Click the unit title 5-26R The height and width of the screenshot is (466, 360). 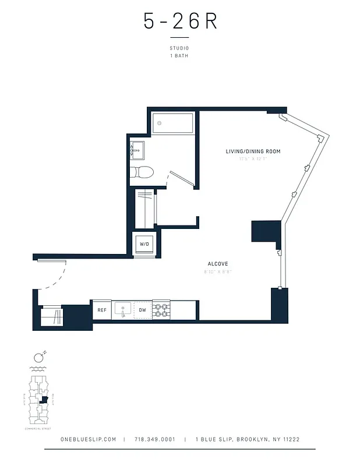coord(180,22)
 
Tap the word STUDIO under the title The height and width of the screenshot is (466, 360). coord(179,48)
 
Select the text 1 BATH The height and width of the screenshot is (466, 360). coord(179,56)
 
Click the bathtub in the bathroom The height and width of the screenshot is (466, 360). coord(173,123)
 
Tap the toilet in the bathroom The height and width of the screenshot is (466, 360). coord(142,172)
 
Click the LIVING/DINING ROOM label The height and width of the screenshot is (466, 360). coord(253,151)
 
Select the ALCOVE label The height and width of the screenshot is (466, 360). coord(217,264)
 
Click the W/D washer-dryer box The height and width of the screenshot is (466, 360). coord(144,244)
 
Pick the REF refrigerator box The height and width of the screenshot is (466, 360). coord(101,310)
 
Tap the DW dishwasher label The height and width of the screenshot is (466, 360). coord(142,310)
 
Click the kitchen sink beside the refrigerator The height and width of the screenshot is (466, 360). coord(123,310)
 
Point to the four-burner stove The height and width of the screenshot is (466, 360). coord(161,310)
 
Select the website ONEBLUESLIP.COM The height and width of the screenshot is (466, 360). coord(89,439)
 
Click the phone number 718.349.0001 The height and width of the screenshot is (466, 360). coord(154,439)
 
